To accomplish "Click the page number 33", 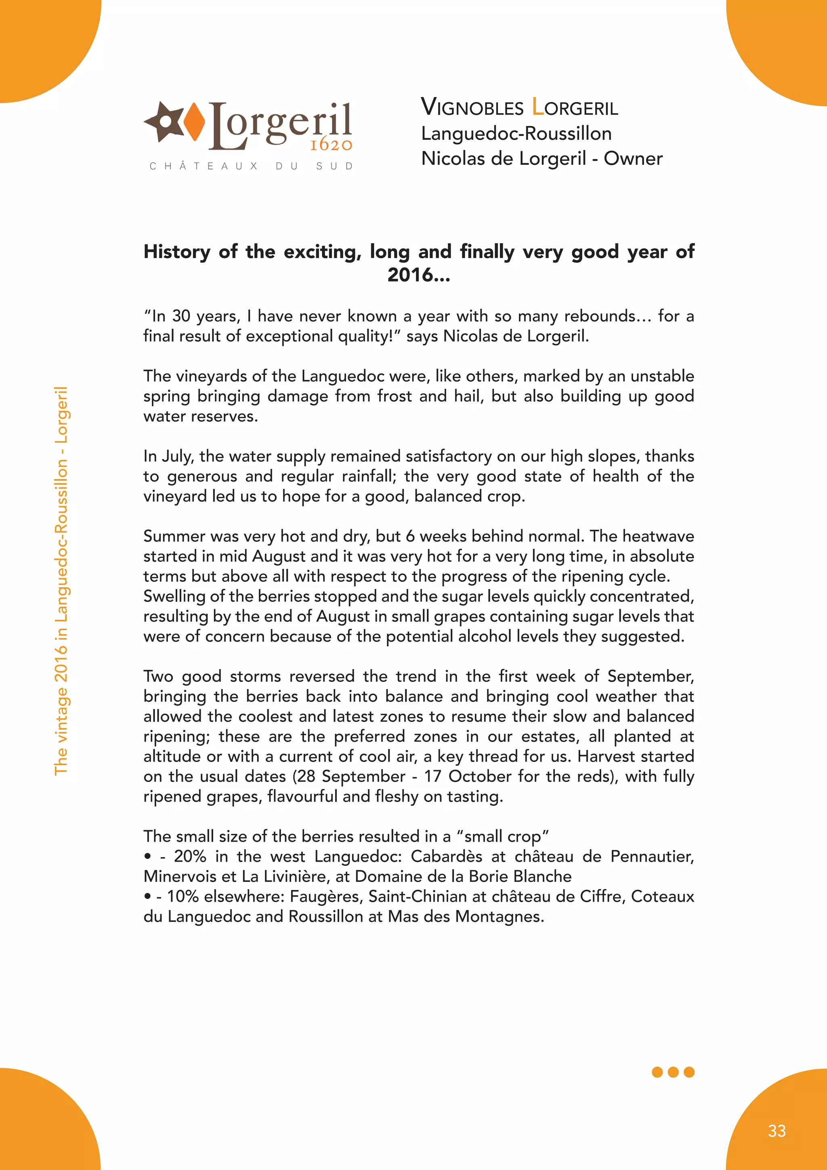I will tap(777, 1131).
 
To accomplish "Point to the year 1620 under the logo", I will tap(331, 145).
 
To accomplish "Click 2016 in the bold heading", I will tap(410, 275).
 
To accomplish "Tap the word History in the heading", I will tap(177, 252).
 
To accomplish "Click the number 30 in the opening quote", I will tap(181, 316).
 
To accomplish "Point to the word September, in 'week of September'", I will tap(650, 676).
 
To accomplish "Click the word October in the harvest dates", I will tap(480, 776).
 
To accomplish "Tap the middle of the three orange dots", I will tap(673, 1072).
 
